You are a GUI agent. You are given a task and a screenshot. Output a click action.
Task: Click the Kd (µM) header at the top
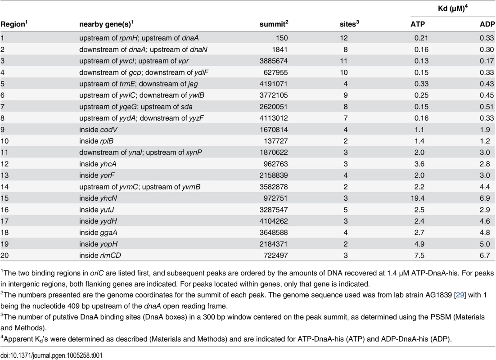click(x=453, y=8)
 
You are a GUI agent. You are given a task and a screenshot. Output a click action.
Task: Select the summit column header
click(x=274, y=24)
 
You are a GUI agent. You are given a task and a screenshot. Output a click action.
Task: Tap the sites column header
click(x=349, y=24)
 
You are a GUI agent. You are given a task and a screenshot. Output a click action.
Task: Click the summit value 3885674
click(x=274, y=61)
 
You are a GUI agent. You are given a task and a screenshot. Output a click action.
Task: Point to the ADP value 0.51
click(x=487, y=107)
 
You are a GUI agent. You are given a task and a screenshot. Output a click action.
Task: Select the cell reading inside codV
click(x=99, y=130)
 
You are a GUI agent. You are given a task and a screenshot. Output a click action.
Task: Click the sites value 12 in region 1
click(x=343, y=38)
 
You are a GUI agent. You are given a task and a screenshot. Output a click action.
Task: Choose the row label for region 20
click(x=5, y=255)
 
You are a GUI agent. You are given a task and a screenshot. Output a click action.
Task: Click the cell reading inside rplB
click(x=96, y=141)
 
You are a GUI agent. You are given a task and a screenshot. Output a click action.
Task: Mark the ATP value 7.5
click(x=419, y=255)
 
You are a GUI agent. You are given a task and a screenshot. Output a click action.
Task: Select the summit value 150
click(x=281, y=38)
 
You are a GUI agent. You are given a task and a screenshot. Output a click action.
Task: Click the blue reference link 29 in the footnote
click(x=460, y=295)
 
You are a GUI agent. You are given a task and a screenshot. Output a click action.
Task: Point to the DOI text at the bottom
click(x=52, y=355)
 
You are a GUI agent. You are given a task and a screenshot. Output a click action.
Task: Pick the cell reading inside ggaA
click(x=98, y=233)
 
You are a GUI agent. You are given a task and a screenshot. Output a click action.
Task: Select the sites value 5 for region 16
click(x=345, y=210)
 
